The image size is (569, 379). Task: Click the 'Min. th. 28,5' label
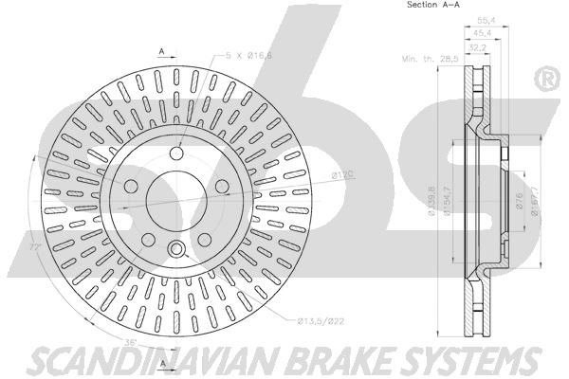point(427,59)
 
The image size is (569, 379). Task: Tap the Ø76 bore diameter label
point(520,201)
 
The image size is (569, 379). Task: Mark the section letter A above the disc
point(162,49)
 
